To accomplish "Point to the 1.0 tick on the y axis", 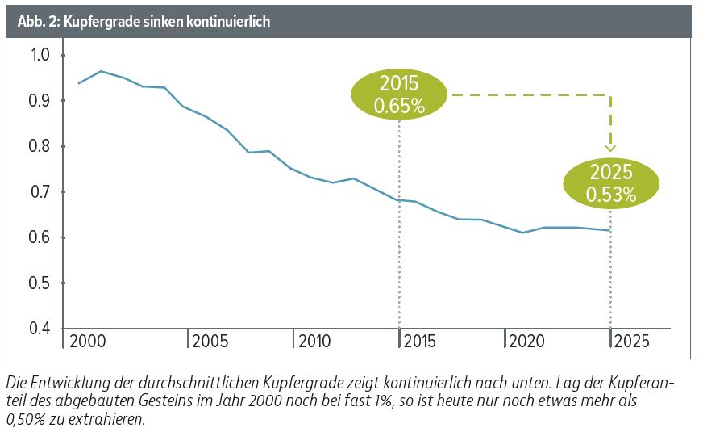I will click(40, 55).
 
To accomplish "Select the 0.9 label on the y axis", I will click(40, 101).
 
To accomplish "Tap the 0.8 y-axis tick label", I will click(40, 146).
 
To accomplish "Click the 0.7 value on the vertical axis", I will click(40, 192).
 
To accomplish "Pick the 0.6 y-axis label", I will click(40, 237).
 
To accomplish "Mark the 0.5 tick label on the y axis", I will click(40, 283).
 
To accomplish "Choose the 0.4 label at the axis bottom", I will click(40, 329).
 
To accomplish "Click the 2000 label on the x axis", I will click(88, 341).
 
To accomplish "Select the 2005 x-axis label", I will click(210, 341).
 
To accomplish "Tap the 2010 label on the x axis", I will click(315, 341).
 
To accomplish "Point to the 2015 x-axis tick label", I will click(421, 341).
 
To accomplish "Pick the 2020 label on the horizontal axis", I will click(526, 341).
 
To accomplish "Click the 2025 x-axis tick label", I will click(631, 341).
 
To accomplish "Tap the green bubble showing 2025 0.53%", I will click(611, 183).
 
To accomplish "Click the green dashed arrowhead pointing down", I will click(610, 148).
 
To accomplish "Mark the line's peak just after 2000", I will click(100, 71).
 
